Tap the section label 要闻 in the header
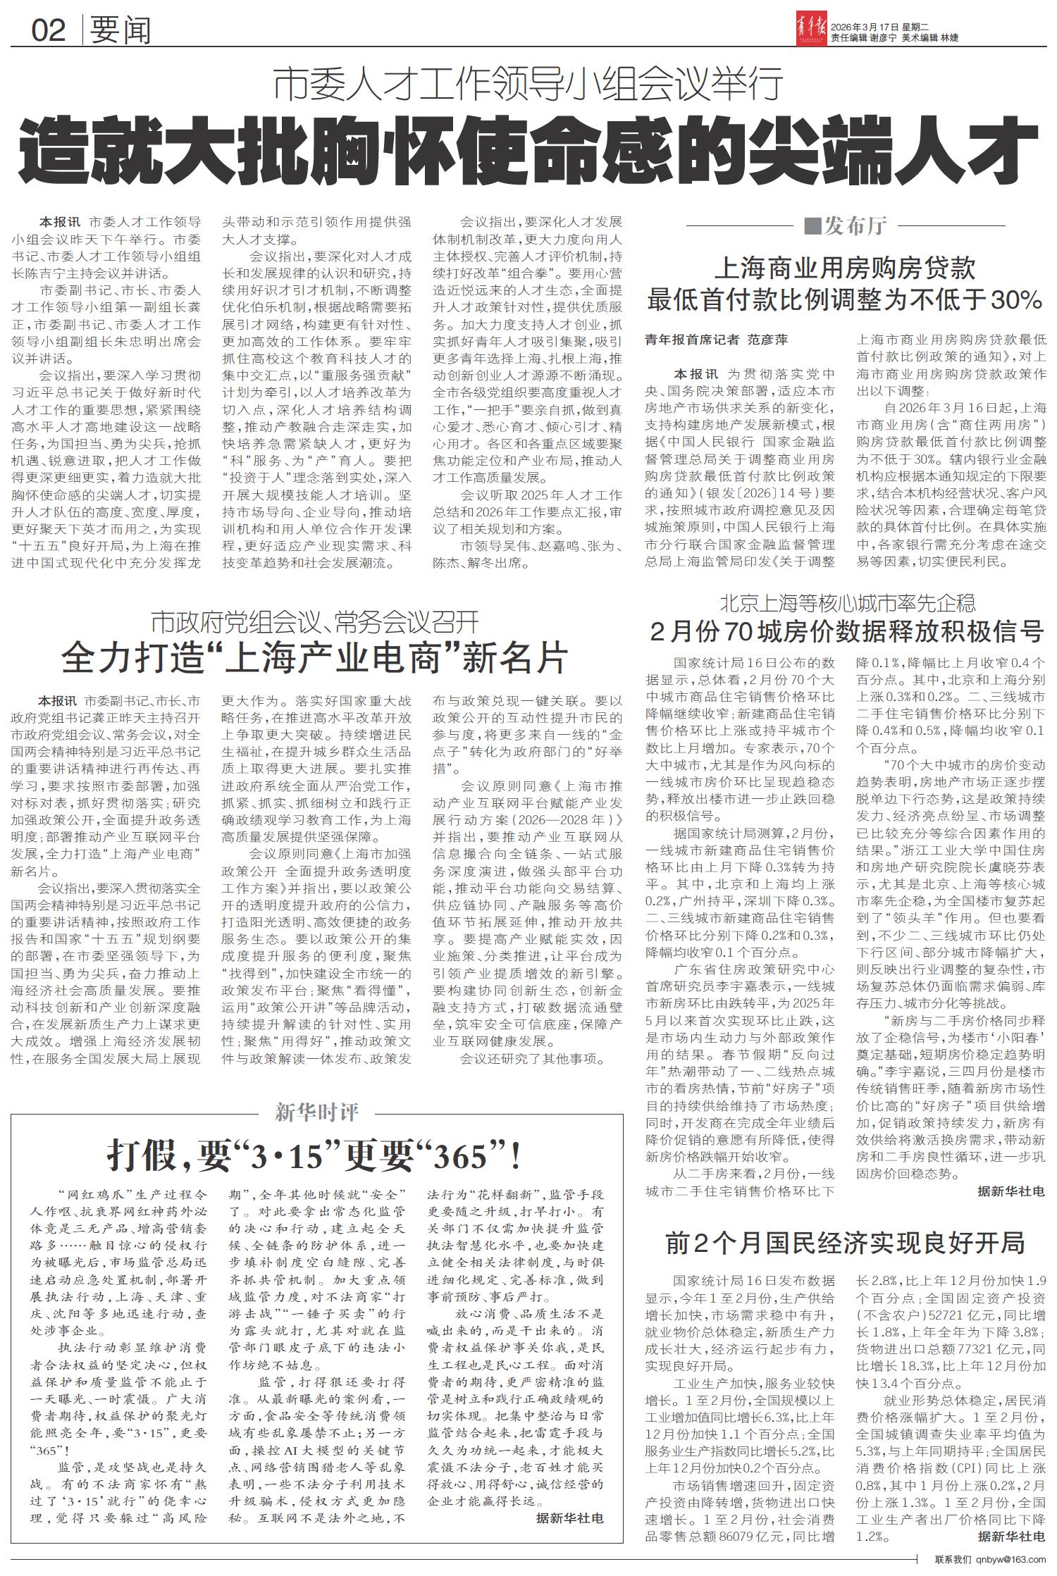(121, 30)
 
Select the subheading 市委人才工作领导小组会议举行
(528, 86)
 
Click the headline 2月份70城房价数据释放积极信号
(846, 631)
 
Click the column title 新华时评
(316, 1112)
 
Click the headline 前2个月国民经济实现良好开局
(846, 1243)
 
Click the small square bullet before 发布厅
(812, 226)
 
